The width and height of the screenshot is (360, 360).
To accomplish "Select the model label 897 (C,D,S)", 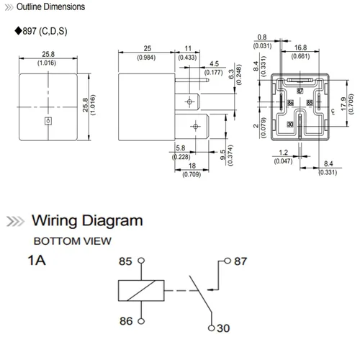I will pyautogui.click(x=44, y=32).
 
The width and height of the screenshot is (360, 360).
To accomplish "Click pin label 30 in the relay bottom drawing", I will pyautogui.click(x=290, y=125).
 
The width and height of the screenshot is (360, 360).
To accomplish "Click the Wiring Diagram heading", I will pyautogui.click(x=87, y=221).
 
